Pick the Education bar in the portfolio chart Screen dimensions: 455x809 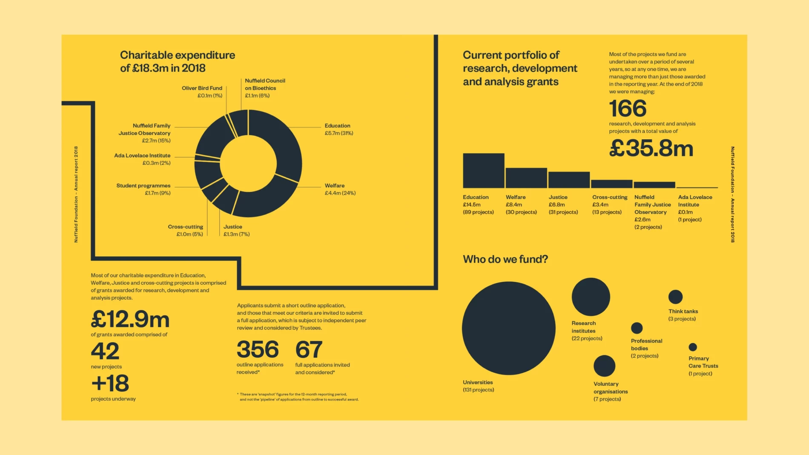pos(483,171)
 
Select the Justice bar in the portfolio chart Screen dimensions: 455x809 pos(569,180)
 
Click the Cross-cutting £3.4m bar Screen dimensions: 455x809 pos(611,184)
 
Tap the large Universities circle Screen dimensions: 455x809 pos(508,328)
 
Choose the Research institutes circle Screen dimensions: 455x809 pos(591,297)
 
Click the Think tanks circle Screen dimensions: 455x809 pos(675,297)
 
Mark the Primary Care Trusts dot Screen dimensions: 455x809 pos(693,347)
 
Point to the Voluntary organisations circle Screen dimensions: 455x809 pos(604,366)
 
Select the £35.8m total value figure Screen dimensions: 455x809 pos(651,149)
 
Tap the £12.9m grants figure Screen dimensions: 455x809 pos(130,319)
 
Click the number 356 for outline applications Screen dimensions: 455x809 pos(258,349)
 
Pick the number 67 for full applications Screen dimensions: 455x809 pos(309,349)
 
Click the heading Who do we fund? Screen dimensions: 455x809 pos(505,259)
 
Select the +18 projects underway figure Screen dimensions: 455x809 pos(110,383)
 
